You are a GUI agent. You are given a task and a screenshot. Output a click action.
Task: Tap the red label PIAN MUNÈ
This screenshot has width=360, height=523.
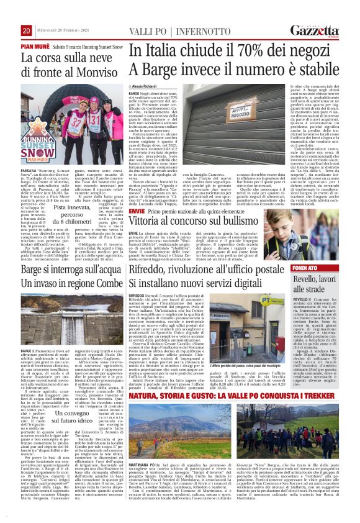pos(38,47)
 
